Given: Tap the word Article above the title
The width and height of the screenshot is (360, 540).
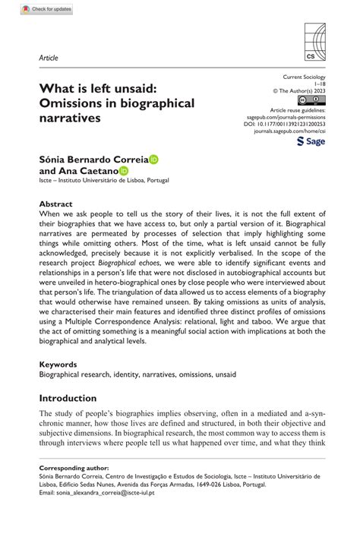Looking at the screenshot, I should coord(48,58).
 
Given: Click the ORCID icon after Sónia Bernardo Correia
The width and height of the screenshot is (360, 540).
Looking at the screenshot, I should coord(154,159).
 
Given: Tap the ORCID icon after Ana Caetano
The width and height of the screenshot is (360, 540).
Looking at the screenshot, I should coord(124,172).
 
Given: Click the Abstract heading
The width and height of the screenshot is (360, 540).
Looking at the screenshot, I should coord(56,204).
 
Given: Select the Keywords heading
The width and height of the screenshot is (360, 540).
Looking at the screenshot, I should coord(58,365).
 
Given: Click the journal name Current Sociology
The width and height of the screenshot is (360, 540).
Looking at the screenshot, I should coord(304,77).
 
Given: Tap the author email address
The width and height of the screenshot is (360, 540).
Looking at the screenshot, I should coord(96,493).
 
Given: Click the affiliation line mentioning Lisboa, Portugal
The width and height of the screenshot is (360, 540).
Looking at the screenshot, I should coord(104,182).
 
